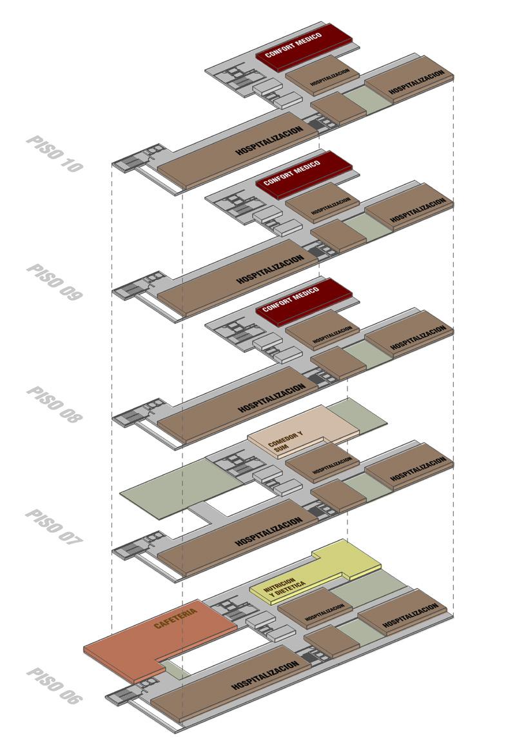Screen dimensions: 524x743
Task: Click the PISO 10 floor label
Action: (55, 154)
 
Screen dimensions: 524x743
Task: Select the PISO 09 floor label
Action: (55, 282)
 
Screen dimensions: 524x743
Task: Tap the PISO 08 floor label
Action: (55, 404)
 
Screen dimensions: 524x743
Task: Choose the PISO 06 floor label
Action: (55, 686)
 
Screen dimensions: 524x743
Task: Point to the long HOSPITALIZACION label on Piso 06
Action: (265, 673)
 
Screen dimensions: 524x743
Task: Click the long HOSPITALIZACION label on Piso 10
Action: (269, 140)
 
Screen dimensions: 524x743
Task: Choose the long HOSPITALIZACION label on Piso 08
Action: (271, 398)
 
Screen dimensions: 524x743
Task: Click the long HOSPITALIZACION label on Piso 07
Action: (269, 531)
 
